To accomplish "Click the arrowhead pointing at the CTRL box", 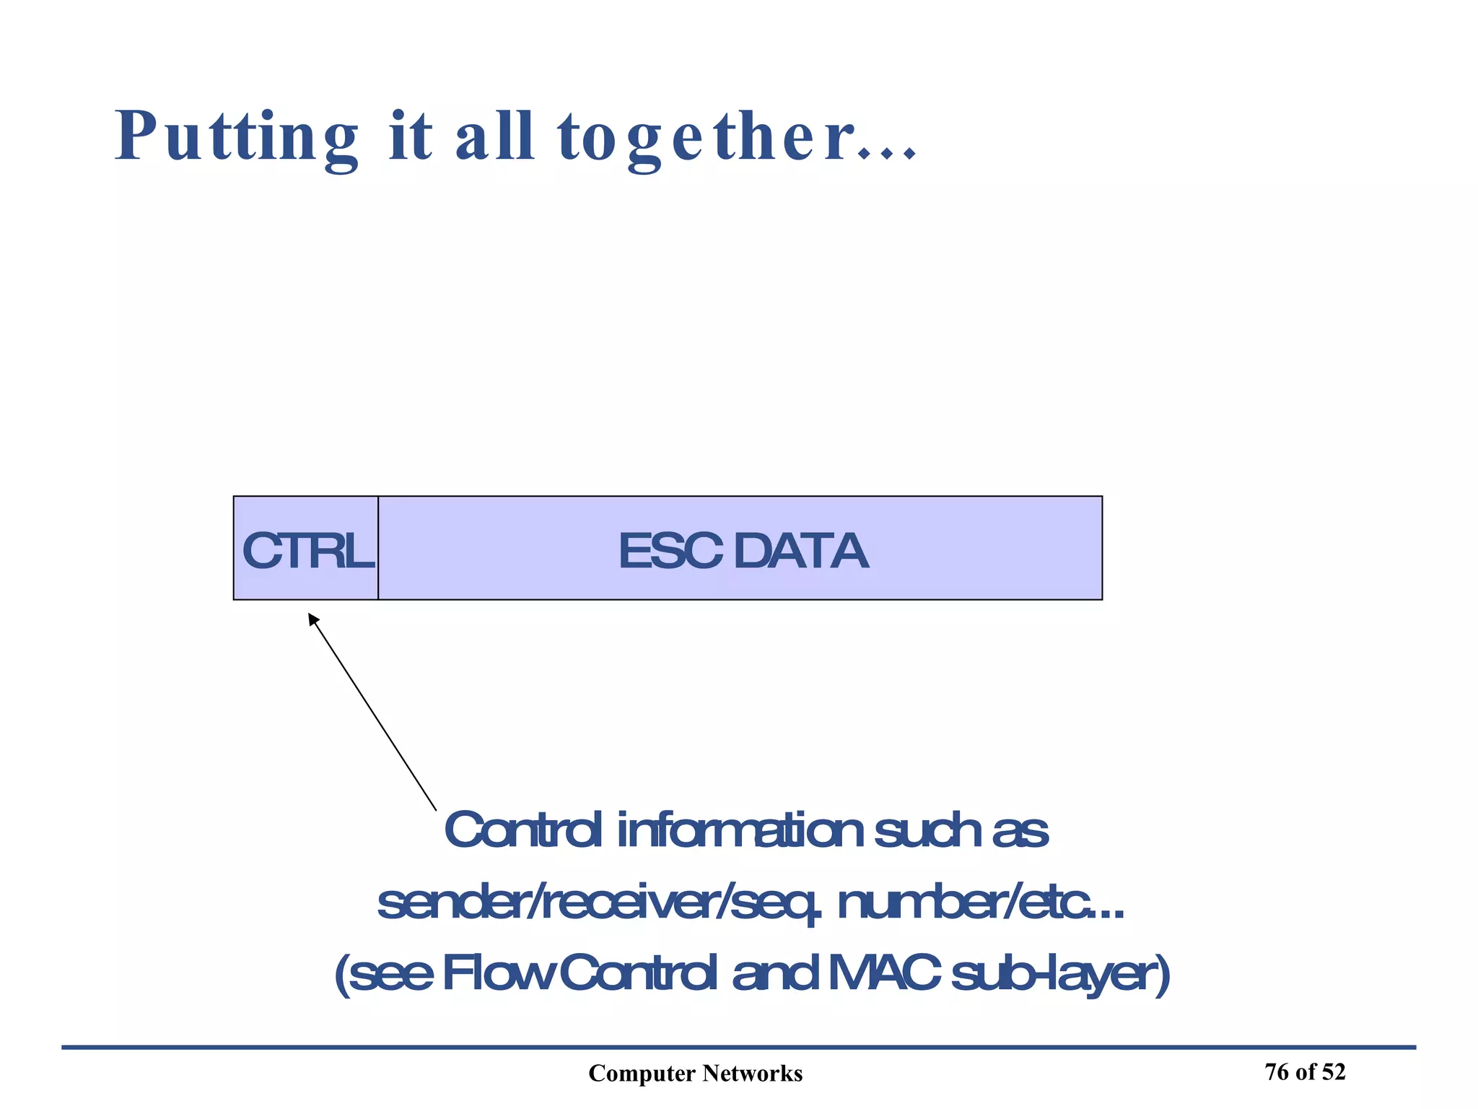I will [313, 619].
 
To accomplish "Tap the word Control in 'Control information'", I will [522, 830].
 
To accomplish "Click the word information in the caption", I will [740, 830].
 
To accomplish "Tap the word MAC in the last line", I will [884, 974].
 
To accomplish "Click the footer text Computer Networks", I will [695, 1074].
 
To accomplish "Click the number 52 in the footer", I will [1334, 1072].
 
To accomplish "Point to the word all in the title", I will [494, 137].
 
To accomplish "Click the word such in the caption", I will [927, 830].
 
